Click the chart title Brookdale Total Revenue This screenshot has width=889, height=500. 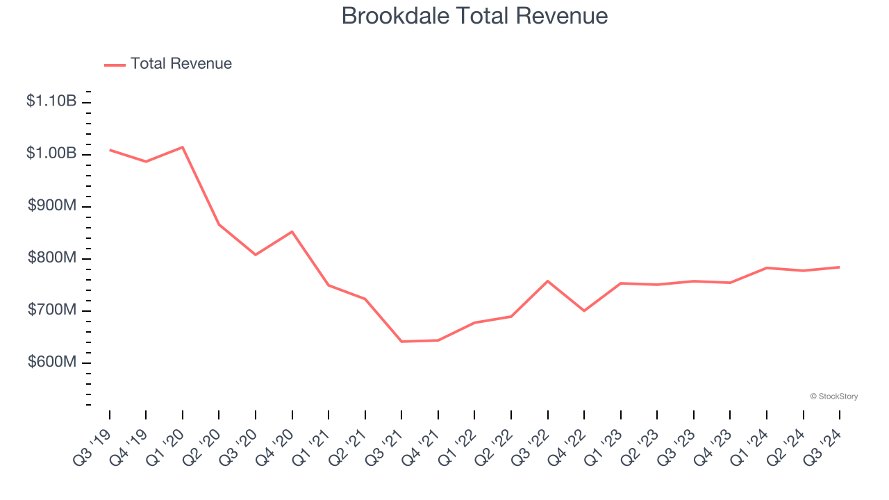coord(474,16)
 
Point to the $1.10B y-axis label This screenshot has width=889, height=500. coord(51,101)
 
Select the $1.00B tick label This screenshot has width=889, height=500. coord(51,153)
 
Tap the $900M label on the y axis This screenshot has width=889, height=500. coord(51,206)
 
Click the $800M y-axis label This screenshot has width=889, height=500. coord(51,258)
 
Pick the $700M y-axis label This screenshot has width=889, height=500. coord(51,310)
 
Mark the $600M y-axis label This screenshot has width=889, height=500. coord(51,362)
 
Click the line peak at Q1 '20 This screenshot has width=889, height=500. coord(182,147)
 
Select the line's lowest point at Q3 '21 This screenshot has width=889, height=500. coord(401,342)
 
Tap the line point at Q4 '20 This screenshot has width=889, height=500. coord(292,231)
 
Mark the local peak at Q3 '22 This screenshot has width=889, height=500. coord(547,281)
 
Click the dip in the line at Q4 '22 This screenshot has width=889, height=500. coord(584,310)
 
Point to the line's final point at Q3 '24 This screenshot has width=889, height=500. coord(839,267)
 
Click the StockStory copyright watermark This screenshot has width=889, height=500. coord(833,397)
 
